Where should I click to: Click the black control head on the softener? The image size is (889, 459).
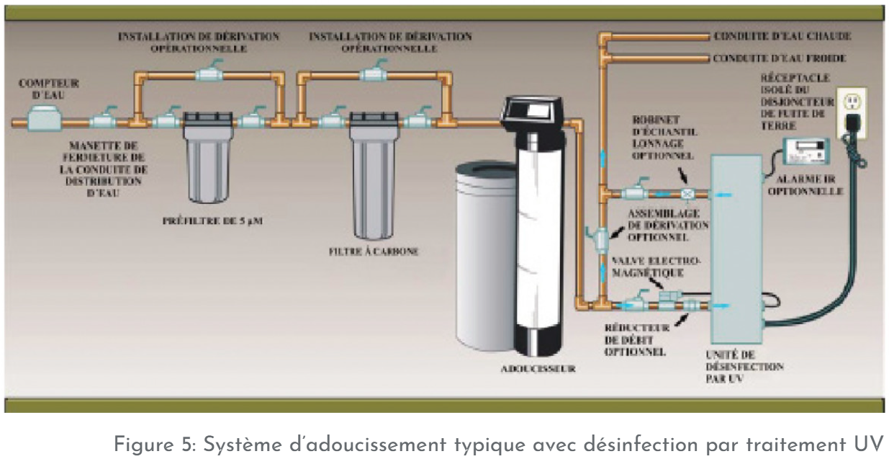(x=531, y=110)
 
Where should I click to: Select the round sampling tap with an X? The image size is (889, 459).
(x=688, y=194)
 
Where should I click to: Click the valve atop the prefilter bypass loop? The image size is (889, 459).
(x=209, y=74)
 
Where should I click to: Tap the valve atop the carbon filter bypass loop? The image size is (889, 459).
(x=375, y=74)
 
